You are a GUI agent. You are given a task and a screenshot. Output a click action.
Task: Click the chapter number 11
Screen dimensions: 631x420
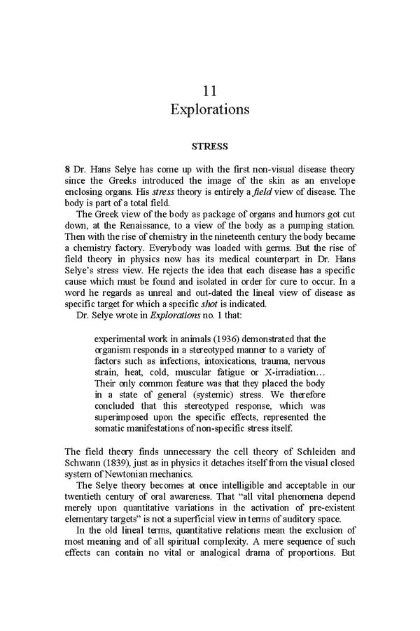209,91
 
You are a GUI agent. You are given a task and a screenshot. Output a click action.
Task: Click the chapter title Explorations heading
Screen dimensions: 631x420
209,110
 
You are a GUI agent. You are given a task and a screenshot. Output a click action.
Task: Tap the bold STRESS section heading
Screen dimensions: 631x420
209,147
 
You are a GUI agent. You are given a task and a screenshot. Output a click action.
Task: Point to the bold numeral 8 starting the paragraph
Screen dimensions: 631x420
66,170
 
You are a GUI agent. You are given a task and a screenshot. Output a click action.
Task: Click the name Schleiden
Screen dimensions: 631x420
309,451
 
